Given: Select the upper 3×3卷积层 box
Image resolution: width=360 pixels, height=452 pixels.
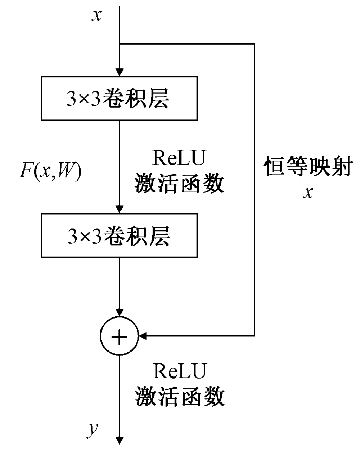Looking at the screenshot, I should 119,98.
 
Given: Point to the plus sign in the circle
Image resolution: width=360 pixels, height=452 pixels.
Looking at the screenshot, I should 119,336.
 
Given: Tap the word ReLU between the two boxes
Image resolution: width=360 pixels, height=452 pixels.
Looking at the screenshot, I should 179,158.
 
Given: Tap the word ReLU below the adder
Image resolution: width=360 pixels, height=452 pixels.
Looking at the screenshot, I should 180,371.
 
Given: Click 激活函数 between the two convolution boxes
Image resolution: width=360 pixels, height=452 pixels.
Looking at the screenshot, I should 179,184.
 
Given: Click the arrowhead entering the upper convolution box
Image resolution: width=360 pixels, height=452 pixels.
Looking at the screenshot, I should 119,72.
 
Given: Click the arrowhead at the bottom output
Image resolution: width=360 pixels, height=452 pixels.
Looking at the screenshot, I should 119,440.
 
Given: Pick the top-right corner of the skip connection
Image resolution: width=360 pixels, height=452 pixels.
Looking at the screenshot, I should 255,44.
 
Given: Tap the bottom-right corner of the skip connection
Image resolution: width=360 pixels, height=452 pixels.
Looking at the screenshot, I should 255,336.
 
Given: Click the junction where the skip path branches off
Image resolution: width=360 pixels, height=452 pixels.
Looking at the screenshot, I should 119,44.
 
